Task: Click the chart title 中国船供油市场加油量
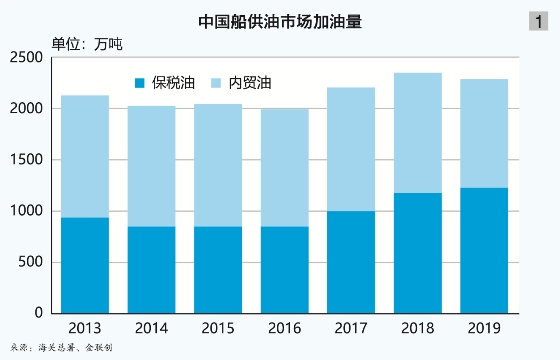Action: coord(279,20)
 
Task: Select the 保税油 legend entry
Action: coord(165,82)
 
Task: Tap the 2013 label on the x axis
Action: coord(85,327)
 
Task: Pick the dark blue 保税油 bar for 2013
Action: coord(85,265)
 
